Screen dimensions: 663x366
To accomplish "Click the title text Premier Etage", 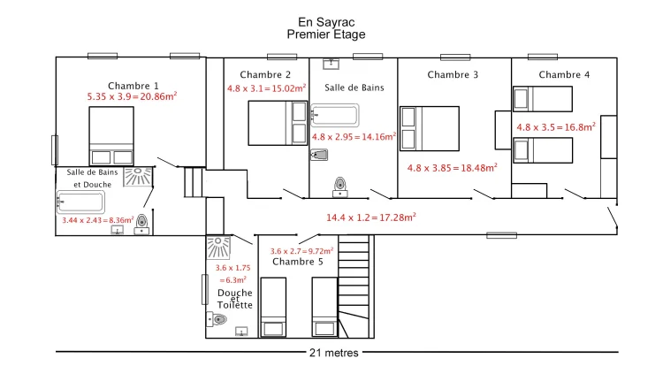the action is (326, 34).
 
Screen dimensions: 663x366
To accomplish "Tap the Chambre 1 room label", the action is (133, 86).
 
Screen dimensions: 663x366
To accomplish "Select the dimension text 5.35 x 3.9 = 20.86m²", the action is (132, 96).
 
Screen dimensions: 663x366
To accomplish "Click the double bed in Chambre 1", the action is (111, 135).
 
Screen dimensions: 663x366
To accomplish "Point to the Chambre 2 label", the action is (265, 75).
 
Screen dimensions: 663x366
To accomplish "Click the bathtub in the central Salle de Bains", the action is (334, 115).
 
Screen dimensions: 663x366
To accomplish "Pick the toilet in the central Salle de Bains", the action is (340, 187).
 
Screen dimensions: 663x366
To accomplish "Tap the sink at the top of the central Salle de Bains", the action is (331, 64).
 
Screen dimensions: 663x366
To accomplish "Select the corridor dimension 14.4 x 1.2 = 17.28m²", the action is (370, 217).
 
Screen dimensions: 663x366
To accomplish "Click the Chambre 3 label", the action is (453, 75).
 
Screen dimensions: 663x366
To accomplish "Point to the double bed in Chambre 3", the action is (430, 128).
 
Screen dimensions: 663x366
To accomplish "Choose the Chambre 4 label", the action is (564, 75).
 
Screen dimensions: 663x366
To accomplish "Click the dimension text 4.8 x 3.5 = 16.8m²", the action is (556, 126).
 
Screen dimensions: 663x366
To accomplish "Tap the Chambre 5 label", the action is (298, 262).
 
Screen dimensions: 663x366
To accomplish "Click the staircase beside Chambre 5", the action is (354, 286).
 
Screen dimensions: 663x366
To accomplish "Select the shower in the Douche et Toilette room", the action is (218, 248).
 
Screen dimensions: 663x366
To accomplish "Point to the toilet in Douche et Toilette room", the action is (217, 319).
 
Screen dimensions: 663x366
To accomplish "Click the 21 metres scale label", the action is (334, 353).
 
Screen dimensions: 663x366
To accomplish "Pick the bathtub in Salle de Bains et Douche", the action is (80, 202).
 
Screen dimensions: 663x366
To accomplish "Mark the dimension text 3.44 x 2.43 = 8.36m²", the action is (98, 220).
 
